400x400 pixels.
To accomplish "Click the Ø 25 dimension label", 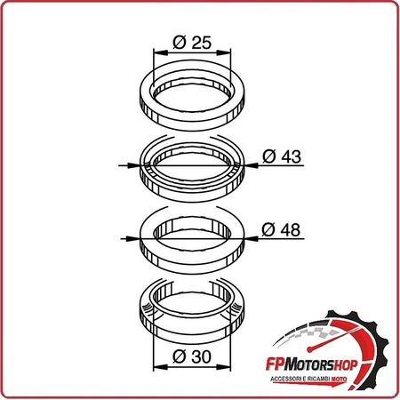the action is [x=192, y=43].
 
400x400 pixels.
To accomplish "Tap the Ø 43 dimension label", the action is [x=282, y=156].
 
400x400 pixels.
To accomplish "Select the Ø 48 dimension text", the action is [x=281, y=230].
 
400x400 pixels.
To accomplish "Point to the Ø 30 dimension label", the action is [x=192, y=356].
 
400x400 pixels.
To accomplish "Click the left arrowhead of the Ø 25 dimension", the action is [x=160, y=52].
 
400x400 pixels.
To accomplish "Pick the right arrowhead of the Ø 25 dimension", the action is [x=224, y=52].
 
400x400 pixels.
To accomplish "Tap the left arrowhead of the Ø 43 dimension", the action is [x=132, y=165].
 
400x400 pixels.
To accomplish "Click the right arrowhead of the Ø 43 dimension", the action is [x=251, y=165].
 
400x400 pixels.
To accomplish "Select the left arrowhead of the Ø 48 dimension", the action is [x=132, y=238].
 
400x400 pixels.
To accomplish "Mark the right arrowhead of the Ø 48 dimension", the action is [x=251, y=238].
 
